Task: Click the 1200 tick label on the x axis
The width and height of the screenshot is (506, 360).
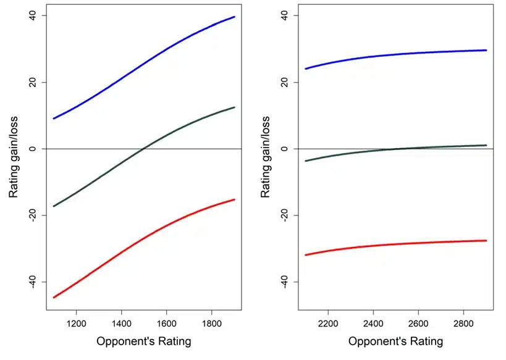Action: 76,323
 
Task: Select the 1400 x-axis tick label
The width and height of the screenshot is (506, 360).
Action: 121,323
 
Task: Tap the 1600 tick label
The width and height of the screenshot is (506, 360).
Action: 167,323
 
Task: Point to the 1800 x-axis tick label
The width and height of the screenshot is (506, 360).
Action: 212,323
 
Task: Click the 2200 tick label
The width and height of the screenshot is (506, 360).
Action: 328,323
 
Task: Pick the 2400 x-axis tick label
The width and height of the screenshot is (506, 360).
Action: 373,323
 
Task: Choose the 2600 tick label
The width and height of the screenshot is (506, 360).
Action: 418,323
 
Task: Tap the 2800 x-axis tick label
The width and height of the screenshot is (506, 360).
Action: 464,323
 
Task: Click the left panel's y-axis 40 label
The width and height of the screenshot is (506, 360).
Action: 32,15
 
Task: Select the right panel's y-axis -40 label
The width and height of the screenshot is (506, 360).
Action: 284,282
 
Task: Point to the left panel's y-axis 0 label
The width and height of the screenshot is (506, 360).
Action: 32,149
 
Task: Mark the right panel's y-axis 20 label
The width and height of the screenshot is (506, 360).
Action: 284,82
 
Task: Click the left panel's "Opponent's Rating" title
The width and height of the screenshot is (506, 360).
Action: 143,341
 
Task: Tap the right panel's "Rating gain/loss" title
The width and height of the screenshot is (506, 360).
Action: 265,157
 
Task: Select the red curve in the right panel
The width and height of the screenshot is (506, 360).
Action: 396,245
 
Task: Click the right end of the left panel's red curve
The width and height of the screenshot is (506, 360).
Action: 235,199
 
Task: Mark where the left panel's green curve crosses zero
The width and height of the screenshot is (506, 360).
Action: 143,149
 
